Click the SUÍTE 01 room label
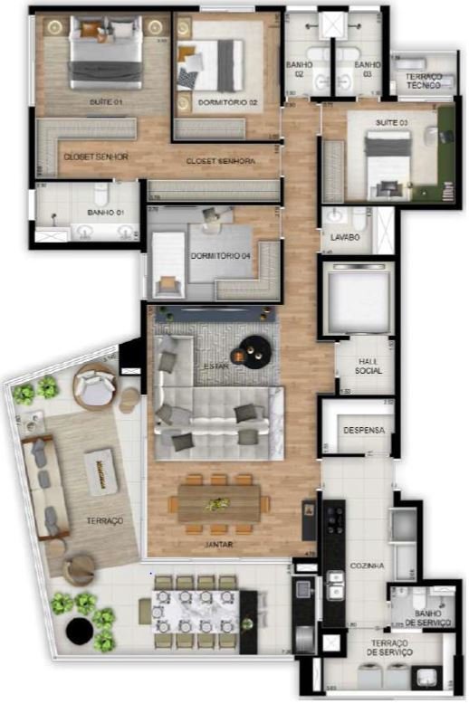tap(106, 102)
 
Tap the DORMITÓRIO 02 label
tap(228, 103)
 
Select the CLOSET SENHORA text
tap(220, 161)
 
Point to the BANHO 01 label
tap(105, 214)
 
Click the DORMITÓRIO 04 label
tap(220, 255)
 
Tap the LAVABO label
tap(345, 237)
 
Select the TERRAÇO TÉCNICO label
tap(423, 81)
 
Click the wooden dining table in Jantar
tap(218, 503)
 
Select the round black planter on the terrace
tap(80, 633)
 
